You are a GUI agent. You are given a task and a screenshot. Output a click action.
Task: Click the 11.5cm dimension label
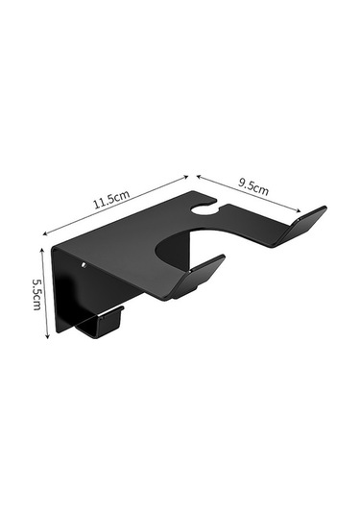coord(111,199)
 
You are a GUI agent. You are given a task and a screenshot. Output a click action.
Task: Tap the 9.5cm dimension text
coord(252,187)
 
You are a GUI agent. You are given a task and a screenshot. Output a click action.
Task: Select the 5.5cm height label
coord(37,294)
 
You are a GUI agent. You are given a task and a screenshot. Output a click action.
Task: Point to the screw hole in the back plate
coord(84,264)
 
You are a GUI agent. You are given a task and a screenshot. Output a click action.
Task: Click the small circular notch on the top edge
coord(204,209)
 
